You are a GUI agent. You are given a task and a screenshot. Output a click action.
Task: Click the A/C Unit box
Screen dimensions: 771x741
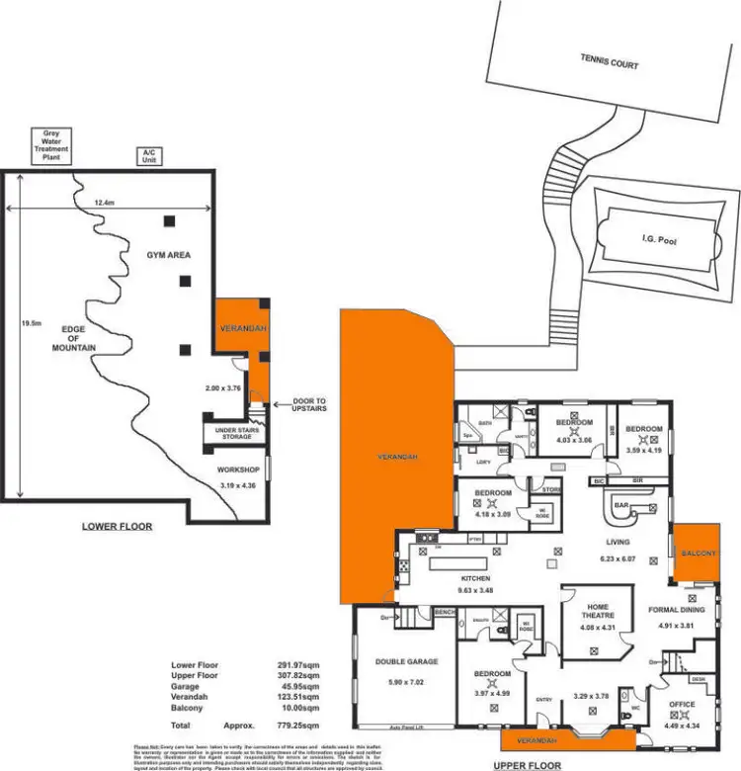[x=150, y=156]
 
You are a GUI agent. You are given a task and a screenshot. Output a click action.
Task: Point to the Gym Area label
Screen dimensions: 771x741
[x=169, y=255]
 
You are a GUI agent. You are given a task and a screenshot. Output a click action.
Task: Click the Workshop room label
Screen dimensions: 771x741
[x=238, y=470]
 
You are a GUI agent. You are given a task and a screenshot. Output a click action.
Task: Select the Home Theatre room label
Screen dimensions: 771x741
[x=597, y=611]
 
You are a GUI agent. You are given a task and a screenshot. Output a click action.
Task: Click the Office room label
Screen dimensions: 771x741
[x=682, y=705]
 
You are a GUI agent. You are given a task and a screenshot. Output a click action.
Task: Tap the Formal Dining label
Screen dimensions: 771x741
[x=676, y=610]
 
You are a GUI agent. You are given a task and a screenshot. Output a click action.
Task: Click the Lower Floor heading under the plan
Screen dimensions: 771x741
[x=117, y=527]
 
